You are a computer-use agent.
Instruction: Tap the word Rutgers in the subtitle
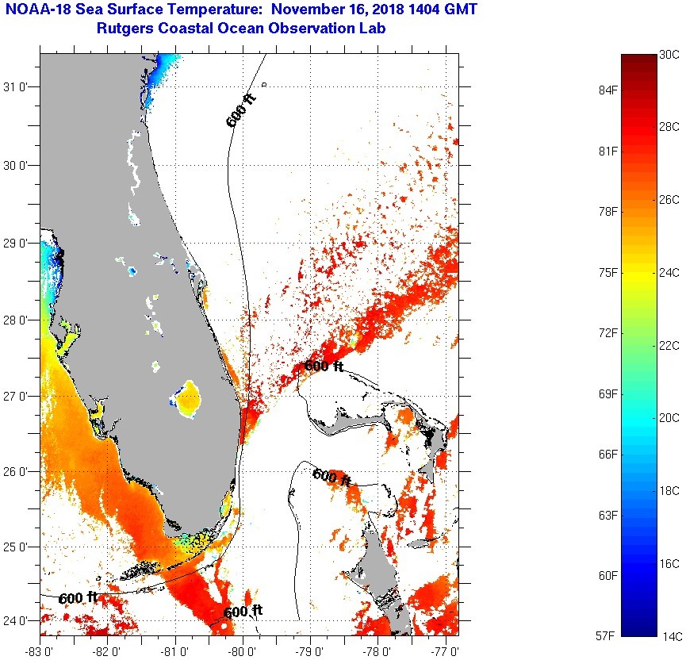pyautogui.click(x=125, y=29)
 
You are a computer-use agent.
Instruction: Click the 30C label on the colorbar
pyautogui.click(x=669, y=55)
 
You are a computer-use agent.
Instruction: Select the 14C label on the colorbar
pyautogui.click(x=669, y=635)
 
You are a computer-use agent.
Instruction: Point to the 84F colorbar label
pyautogui.click(x=608, y=90)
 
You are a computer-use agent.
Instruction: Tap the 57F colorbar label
pyautogui.click(x=608, y=635)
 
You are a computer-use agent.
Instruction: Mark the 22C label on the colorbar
pyautogui.click(x=669, y=345)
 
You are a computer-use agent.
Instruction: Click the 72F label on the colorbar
pyautogui.click(x=608, y=332)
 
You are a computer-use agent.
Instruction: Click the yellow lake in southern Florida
pyautogui.click(x=188, y=399)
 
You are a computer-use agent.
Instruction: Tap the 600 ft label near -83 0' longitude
pyautogui.click(x=79, y=597)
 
